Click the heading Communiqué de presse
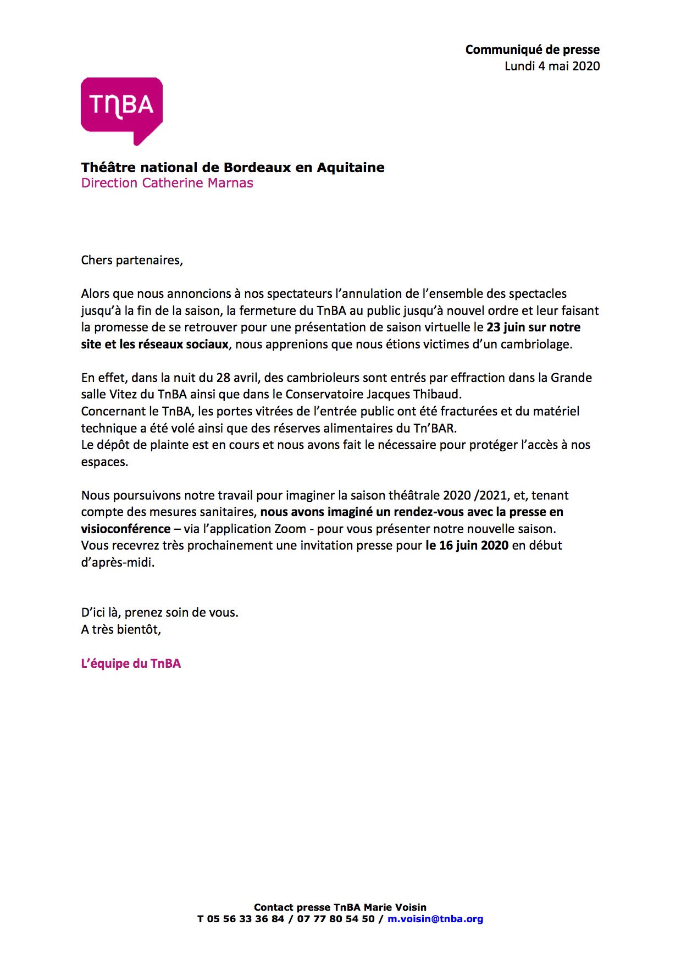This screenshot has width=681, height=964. (532, 49)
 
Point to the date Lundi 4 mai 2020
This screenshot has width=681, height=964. (552, 66)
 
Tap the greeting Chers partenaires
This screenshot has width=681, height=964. (131, 260)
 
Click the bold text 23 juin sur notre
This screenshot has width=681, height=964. (533, 327)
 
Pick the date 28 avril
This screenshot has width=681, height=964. (239, 378)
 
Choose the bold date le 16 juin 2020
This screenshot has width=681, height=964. (467, 545)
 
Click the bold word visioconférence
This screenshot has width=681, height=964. (126, 529)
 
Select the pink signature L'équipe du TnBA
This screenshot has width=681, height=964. (131, 663)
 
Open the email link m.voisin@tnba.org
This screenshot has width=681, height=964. (435, 918)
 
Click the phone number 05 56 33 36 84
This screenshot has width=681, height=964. (246, 918)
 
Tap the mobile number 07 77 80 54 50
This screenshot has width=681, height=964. (335, 918)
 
